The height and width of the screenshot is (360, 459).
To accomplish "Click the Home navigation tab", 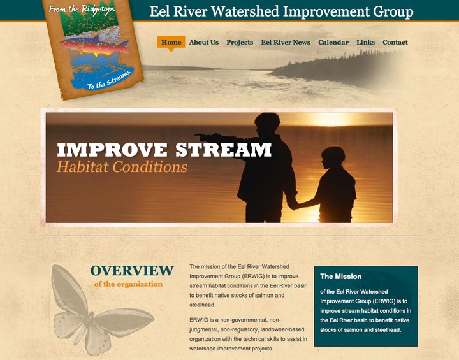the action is coord(171,42).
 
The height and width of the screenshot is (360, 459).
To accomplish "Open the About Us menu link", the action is coord(204,42).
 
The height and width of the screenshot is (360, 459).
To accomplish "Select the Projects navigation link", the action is coord(240,43).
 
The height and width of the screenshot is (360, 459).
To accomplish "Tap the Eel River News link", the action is coord(286,42).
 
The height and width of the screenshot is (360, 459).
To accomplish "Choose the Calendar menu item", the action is coord(333,42).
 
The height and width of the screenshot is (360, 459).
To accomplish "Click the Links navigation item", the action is coord(366,42).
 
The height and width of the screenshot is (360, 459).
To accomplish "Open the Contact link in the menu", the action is coord(395,42).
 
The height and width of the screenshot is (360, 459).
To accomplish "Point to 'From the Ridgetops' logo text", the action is coord(82,10).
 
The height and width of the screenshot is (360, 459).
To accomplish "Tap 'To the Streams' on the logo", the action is coord(108,80).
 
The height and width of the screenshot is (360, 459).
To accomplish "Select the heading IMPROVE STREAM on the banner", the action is coord(164,150).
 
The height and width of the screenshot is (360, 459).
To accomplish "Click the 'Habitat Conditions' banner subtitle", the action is coord(122,167).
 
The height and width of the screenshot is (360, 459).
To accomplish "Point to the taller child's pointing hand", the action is coord(202,136).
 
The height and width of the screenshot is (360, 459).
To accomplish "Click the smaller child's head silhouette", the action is coord(333,157).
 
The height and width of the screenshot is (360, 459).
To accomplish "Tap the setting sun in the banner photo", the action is coord(331,119).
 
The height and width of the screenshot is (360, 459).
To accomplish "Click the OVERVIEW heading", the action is coord(132,270).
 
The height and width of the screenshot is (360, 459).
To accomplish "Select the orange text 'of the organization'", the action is coord(128,284).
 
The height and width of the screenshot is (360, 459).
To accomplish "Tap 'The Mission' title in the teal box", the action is coord(340,277).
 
